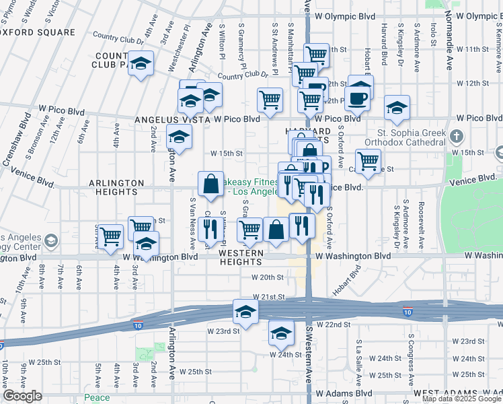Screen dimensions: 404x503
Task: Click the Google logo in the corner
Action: click(x=22, y=396)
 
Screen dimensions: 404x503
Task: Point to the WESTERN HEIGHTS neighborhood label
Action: click(x=244, y=257)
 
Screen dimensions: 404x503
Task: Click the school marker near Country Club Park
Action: click(x=141, y=65)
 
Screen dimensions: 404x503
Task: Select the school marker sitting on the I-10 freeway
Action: click(x=245, y=312)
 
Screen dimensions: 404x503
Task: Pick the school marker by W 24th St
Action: click(x=281, y=332)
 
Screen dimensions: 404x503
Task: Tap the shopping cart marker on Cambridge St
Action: click(x=369, y=161)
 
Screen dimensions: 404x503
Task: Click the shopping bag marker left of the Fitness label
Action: click(x=211, y=183)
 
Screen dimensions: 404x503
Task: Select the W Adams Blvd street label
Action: click(x=344, y=393)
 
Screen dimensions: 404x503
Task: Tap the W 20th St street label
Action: click(x=268, y=277)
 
